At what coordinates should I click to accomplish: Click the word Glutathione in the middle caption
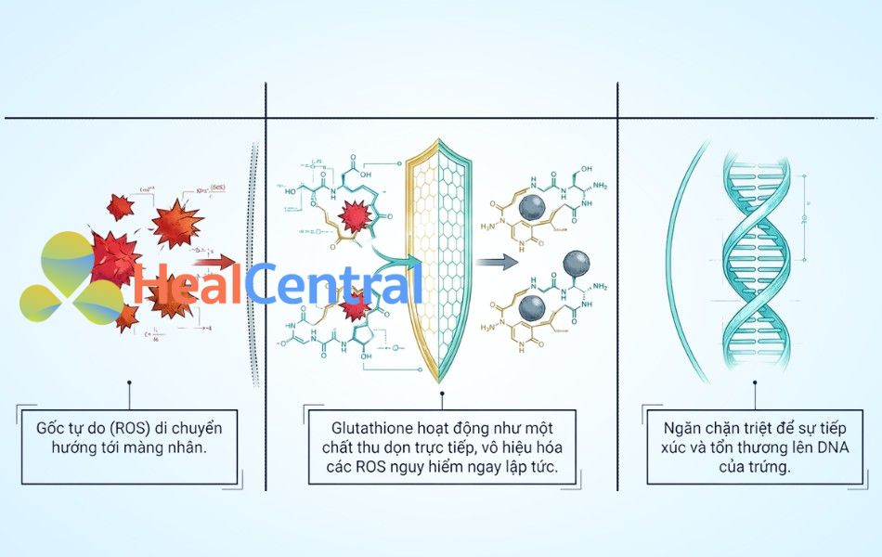pos(369,428)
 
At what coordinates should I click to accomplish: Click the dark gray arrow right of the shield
pos(498,263)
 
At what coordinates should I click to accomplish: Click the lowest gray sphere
pos(532,308)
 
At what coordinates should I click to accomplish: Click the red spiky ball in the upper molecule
pos(355,217)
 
